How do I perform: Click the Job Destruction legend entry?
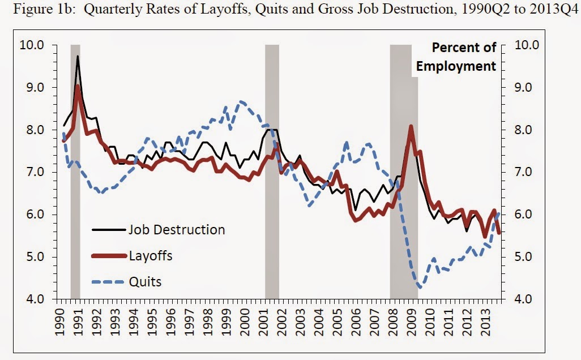(176, 230)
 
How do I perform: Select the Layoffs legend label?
(150, 256)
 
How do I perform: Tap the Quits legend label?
(145, 281)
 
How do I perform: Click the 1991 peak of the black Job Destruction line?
(78, 56)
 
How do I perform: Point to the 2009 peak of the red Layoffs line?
(411, 126)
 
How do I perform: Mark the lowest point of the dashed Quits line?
(420, 288)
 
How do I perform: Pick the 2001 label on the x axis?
(266, 322)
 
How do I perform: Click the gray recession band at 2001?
(272, 170)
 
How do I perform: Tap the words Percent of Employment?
(456, 57)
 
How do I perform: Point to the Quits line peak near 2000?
(242, 101)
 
